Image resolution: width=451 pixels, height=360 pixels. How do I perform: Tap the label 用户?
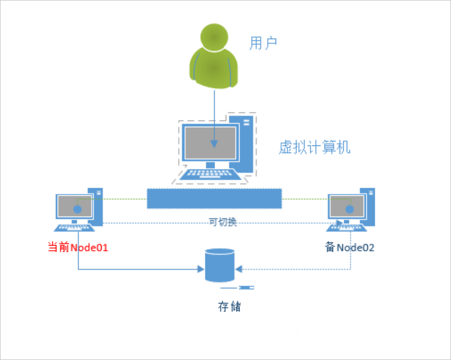[x=263, y=43]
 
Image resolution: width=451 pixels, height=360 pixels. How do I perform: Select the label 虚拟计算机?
[x=314, y=148]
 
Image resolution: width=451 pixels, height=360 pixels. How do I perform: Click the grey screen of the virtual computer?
[x=209, y=142]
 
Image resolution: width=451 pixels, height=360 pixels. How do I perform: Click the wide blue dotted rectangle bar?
[x=214, y=198]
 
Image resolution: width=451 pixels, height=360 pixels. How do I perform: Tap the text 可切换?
[x=223, y=222]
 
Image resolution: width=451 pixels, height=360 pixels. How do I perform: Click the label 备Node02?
[x=349, y=247]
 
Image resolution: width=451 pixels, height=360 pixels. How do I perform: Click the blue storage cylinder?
[x=220, y=265]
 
